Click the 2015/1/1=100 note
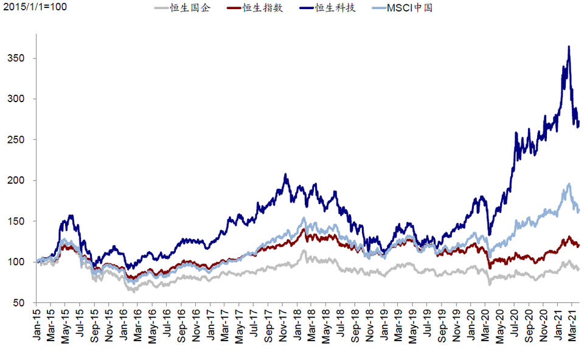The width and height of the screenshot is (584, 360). [x=33, y=8]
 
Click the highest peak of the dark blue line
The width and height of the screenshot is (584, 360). [x=569, y=46]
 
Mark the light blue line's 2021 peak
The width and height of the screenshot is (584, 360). [x=569, y=184]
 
